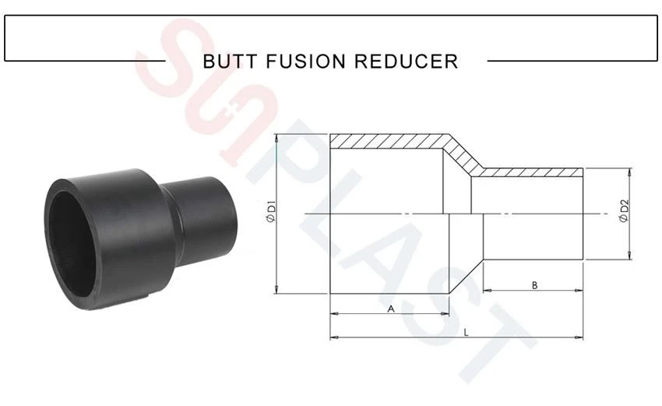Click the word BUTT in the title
click(x=230, y=62)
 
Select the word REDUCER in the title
click(x=406, y=62)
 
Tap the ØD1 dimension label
click(x=271, y=213)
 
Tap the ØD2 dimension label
click(x=624, y=210)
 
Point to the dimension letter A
click(x=391, y=309)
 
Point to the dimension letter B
click(x=534, y=285)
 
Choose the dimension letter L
click(x=466, y=333)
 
